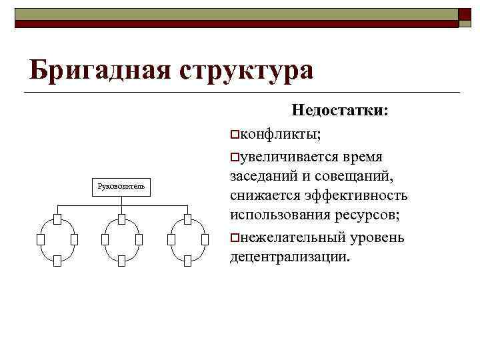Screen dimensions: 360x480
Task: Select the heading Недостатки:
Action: pyautogui.click(x=341, y=111)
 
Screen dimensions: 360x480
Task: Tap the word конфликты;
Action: pyautogui.click(x=279, y=135)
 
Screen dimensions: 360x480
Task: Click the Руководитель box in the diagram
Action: pyautogui.click(x=121, y=186)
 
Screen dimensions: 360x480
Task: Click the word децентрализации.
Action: pyautogui.click(x=289, y=257)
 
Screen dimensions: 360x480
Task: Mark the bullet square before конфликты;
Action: pyautogui.click(x=234, y=136)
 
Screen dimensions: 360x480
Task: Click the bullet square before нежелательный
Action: pyautogui.click(x=234, y=238)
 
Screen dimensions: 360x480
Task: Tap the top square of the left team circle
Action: pyautogui.click(x=57, y=219)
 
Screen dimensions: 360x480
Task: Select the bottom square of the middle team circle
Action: pyautogui.click(x=121, y=261)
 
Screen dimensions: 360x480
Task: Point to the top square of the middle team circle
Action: pyautogui.click(x=121, y=219)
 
